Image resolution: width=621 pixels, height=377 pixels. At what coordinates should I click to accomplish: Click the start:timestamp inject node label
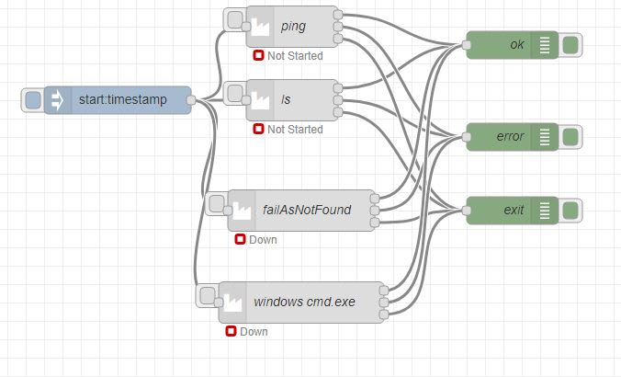pyautogui.click(x=123, y=100)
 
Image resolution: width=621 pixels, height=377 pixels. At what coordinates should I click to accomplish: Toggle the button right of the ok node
pyautogui.click(x=570, y=44)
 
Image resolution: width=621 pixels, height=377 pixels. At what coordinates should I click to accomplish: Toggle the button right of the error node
pyautogui.click(x=570, y=137)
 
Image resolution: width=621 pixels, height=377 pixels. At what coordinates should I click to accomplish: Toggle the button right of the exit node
pyautogui.click(x=570, y=211)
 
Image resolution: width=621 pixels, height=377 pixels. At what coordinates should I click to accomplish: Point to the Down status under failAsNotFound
pyautogui.click(x=262, y=240)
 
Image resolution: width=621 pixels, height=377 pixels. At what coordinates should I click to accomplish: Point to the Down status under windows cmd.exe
pyautogui.click(x=253, y=331)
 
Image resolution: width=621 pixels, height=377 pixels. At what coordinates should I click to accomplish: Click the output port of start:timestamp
pyautogui.click(x=191, y=100)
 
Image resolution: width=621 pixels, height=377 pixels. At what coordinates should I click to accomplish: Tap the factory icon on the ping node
pyautogui.click(x=260, y=27)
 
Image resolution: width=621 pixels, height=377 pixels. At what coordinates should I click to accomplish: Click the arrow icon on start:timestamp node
pyautogui.click(x=57, y=100)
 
